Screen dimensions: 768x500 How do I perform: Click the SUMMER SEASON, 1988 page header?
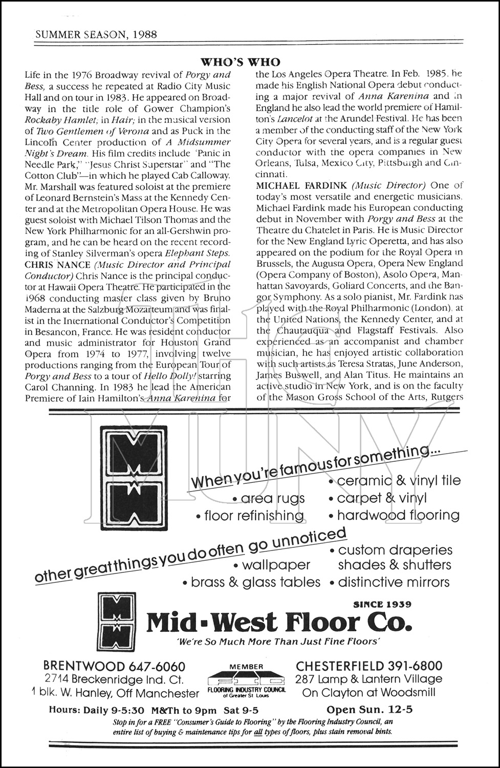(95, 35)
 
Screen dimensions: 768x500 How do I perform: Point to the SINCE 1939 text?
(382, 604)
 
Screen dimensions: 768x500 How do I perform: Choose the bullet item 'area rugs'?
(269, 498)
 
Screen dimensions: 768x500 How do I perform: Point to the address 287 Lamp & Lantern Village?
(368, 679)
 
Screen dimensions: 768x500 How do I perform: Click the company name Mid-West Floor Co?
(278, 623)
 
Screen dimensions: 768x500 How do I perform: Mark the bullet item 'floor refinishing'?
(250, 516)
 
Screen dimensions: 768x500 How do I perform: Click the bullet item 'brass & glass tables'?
(251, 582)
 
